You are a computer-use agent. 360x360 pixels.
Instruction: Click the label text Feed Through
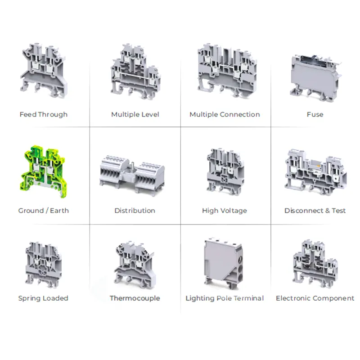pos(44,114)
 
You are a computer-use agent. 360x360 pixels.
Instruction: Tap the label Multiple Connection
pos(225,114)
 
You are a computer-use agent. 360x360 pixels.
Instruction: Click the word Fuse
pos(315,114)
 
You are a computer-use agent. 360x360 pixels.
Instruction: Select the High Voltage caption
pos(225,210)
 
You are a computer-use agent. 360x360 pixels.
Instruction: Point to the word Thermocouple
pos(135,298)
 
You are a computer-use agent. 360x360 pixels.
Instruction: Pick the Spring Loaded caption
pos(43,298)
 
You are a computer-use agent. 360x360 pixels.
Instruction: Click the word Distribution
pos(135,210)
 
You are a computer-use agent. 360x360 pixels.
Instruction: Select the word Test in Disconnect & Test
pos(338,210)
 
